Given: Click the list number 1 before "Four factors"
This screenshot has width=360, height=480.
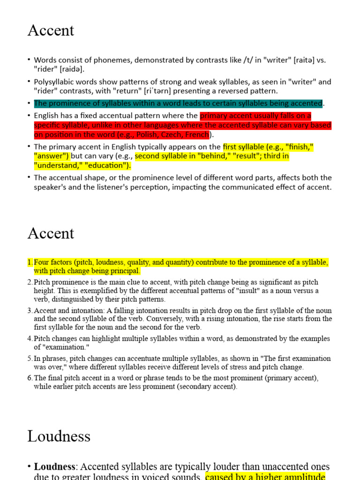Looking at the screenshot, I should [x=29, y=262].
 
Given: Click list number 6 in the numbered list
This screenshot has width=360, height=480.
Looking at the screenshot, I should [x=29, y=378].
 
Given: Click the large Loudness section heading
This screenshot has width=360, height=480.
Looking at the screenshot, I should [x=59, y=436].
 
